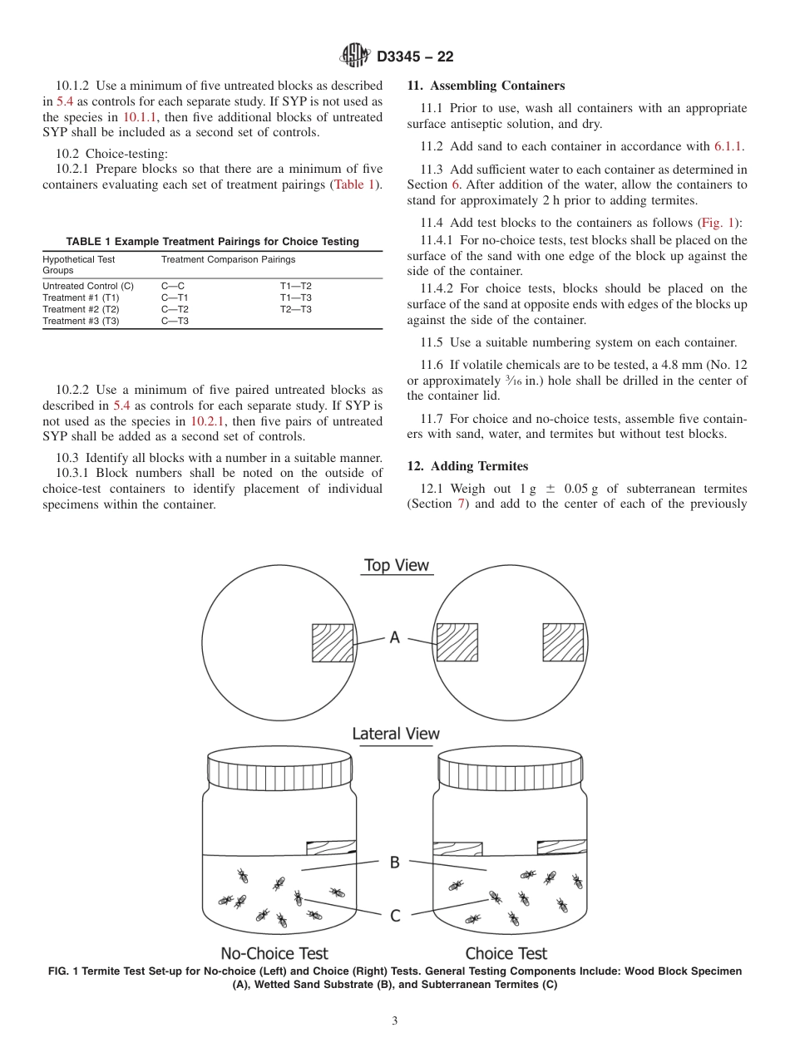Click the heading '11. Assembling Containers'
[x=486, y=86]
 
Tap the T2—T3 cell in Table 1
[x=295, y=309]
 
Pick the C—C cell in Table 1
[x=173, y=286]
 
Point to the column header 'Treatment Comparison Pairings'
[x=228, y=260]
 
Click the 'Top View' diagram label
[x=396, y=566]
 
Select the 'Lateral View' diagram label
[x=396, y=734]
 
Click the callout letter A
[x=395, y=637]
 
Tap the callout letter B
[x=395, y=863]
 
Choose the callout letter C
[x=395, y=916]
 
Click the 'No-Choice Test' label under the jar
[x=274, y=953]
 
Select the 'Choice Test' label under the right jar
[x=506, y=953]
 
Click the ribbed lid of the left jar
[x=280, y=769]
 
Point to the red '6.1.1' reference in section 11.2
[x=728, y=146]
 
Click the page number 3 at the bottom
[x=395, y=1021]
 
